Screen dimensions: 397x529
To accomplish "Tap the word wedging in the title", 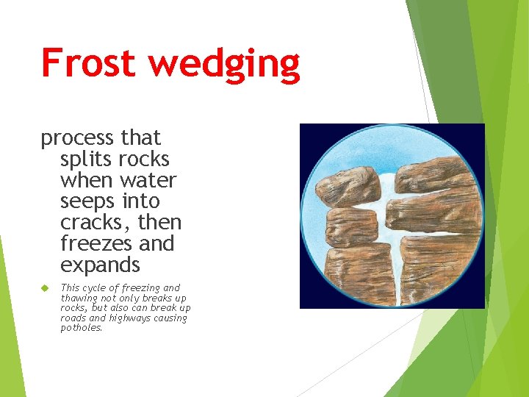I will coord(225,65).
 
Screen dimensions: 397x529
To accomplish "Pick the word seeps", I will coord(87,201).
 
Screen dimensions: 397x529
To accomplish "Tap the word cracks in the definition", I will coord(92,223).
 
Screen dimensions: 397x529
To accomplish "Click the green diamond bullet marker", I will coord(45,287).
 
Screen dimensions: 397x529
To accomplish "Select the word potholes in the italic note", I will coord(81,328).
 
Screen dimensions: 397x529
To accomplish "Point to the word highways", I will coord(132,318).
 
